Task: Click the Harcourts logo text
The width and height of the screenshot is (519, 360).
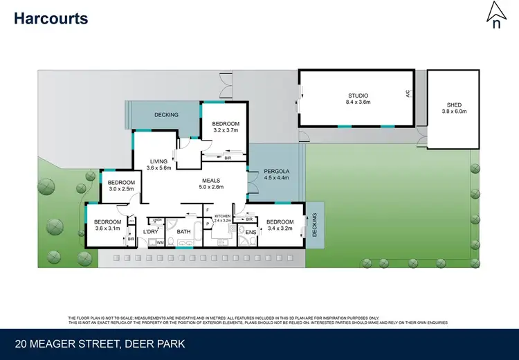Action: pos(51,19)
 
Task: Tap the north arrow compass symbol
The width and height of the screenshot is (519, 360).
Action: pos(495,16)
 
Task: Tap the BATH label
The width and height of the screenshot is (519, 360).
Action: pos(183,231)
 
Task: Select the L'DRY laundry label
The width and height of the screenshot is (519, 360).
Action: pos(152,231)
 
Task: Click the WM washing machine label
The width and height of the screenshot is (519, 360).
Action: pos(159,242)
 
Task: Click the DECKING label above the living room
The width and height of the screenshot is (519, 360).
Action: pos(166,115)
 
